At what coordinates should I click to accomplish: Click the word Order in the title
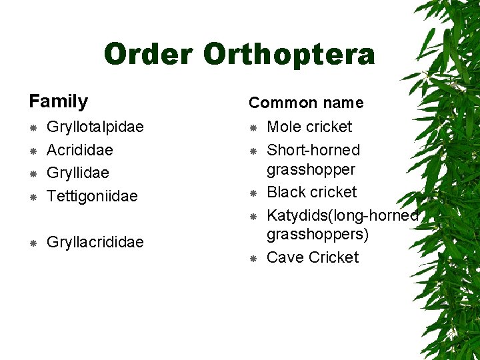149,54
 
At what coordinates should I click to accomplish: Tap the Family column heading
59,101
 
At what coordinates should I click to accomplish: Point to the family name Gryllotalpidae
95,127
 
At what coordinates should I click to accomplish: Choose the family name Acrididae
79,150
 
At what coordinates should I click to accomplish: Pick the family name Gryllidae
77,173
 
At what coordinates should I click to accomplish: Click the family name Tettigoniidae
92,196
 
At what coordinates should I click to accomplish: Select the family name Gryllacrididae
95,242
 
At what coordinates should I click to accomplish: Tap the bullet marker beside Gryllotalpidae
33,127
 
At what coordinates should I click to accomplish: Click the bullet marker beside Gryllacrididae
33,243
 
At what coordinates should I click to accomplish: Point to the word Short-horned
313,150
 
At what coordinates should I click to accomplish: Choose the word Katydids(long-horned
343,215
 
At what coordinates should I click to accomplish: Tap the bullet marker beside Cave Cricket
253,258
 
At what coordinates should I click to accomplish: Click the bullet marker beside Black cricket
253,193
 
